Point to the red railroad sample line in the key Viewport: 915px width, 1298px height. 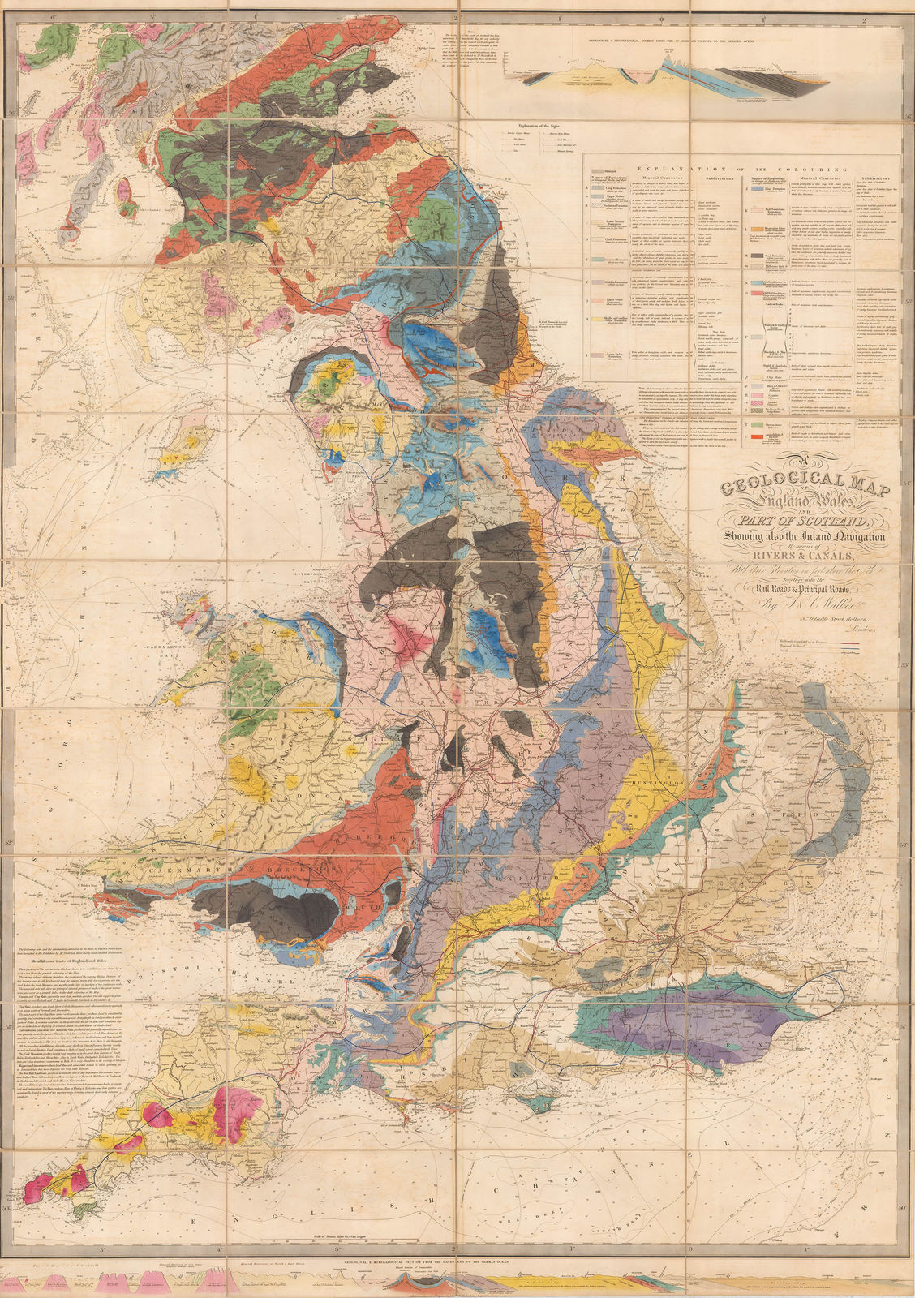point(851,647)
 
